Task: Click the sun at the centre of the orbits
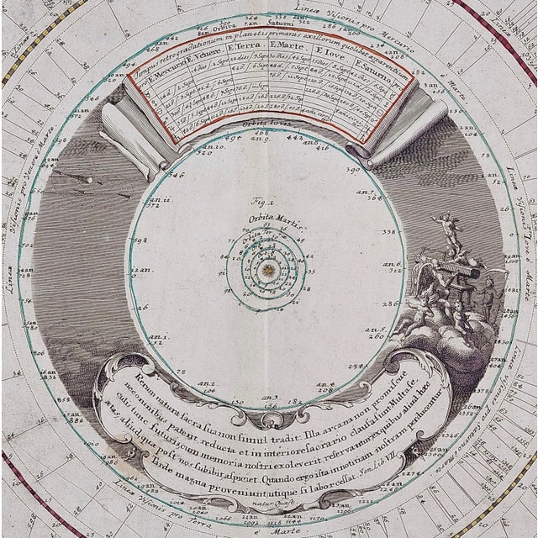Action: (268, 269)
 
